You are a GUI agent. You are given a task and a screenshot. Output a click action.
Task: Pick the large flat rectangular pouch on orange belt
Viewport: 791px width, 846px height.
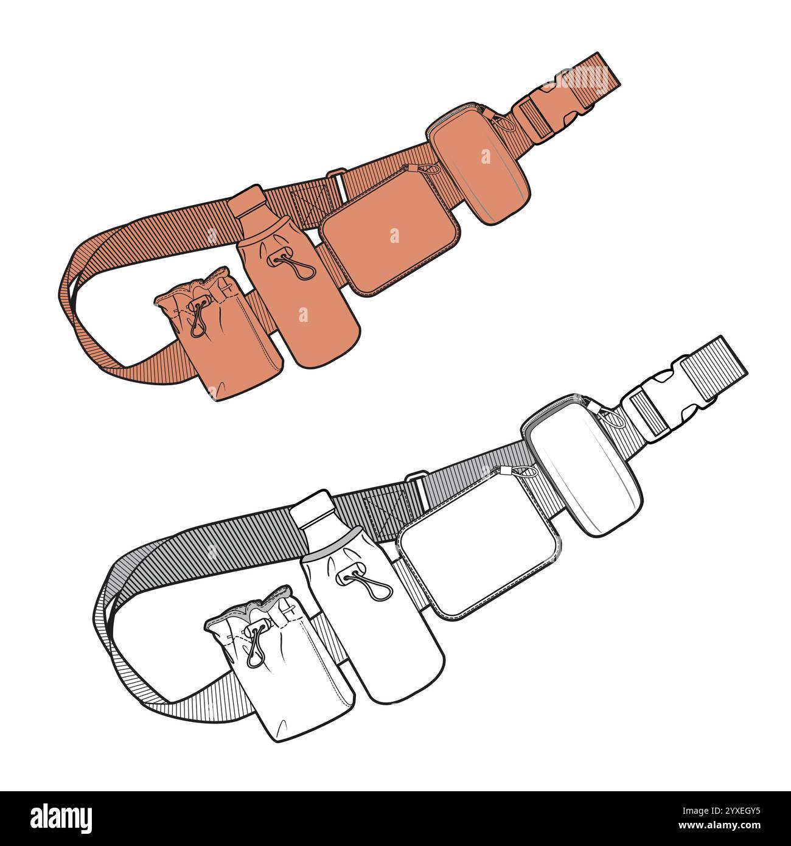tap(391, 243)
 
